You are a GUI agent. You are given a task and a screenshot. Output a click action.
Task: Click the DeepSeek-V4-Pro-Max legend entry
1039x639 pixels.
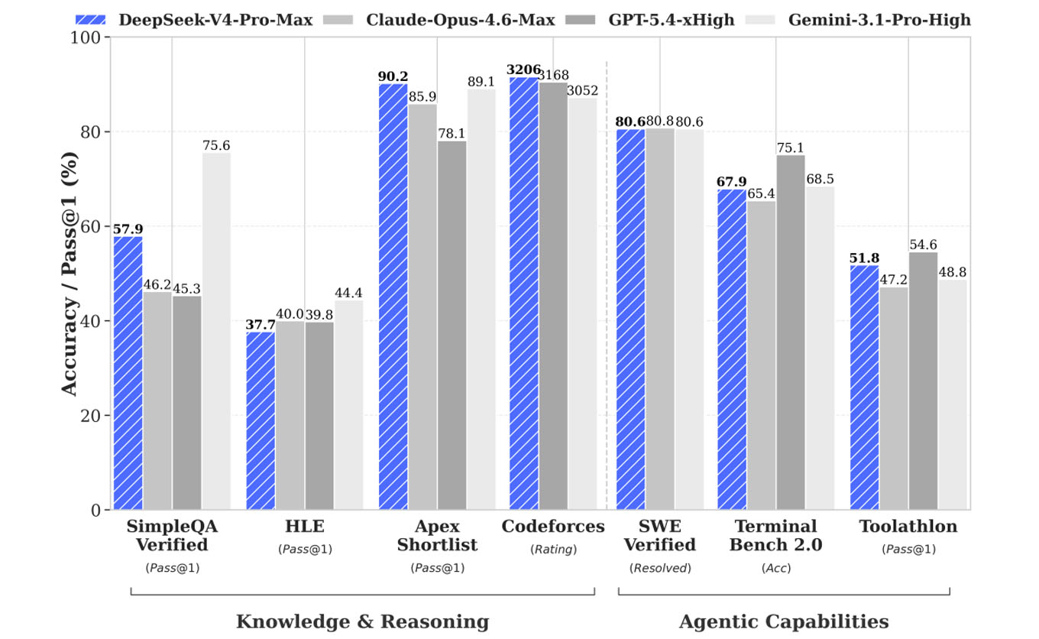coord(194,20)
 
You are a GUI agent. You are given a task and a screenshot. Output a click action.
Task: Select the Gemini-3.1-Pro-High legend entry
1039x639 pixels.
coord(858,20)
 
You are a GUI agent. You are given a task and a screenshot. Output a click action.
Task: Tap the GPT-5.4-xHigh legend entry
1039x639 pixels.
coord(650,20)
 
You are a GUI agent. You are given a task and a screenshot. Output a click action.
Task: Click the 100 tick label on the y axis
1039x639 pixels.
coord(86,37)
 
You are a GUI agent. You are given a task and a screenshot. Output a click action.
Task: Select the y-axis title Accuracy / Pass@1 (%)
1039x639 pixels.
coord(69,274)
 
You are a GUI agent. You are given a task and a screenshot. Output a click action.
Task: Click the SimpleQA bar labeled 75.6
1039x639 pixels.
coord(216,331)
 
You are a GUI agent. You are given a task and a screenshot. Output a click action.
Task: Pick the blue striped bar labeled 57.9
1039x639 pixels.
coord(128,373)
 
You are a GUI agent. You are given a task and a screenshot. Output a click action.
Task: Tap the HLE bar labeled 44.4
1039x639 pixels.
coord(349,405)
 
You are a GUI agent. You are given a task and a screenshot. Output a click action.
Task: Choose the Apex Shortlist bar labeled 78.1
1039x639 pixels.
coord(452,326)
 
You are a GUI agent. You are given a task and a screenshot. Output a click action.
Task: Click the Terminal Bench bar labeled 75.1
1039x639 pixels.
coord(791,332)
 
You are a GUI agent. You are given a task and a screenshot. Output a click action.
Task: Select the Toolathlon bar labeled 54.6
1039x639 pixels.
coord(923,381)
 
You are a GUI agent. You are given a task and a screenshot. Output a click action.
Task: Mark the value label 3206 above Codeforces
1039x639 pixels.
coord(523,70)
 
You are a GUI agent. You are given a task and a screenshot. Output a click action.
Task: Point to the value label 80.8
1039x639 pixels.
coord(659,121)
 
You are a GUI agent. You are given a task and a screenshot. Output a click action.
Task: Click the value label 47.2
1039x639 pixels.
coord(893,279)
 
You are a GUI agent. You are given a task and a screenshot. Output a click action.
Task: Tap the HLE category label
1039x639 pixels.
coord(305,526)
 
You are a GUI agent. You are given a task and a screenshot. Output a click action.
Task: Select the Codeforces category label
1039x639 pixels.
coord(553,526)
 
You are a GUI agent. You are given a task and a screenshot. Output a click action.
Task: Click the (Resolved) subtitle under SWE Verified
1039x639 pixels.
coord(660,568)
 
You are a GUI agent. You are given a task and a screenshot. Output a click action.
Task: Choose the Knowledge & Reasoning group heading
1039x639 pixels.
coord(363,621)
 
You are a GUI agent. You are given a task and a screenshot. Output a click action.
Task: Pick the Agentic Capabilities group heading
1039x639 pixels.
coord(784,622)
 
